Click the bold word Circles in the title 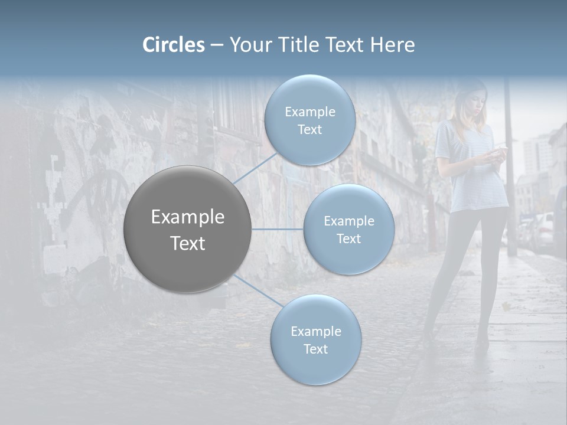[x=174, y=45]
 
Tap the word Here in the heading [x=392, y=45]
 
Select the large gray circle [x=187, y=229]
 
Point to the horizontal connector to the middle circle [x=278, y=229]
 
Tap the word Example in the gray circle [x=187, y=217]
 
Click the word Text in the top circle [x=309, y=130]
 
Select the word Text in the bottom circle [x=315, y=349]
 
